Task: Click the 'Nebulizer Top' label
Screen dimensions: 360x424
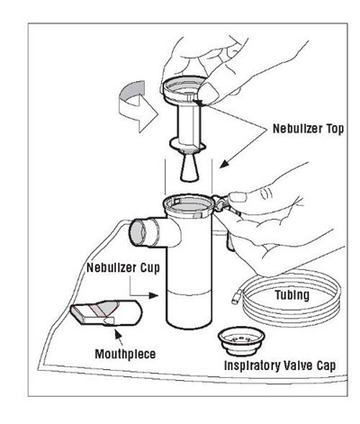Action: [308, 129]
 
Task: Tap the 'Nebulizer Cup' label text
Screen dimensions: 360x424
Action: [123, 268]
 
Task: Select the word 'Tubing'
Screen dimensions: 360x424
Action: [292, 295]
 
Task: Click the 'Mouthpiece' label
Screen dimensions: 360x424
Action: [125, 354]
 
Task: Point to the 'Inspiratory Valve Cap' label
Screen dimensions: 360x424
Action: [280, 365]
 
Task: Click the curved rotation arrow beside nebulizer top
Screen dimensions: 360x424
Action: [138, 106]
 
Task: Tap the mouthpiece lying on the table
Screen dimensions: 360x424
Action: [106, 312]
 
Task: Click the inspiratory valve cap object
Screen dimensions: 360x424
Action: [241, 341]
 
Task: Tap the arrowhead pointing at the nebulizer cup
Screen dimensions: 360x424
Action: [154, 296]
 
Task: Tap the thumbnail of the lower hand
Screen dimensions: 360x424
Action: [238, 197]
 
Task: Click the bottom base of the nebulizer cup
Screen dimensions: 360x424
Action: [189, 325]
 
